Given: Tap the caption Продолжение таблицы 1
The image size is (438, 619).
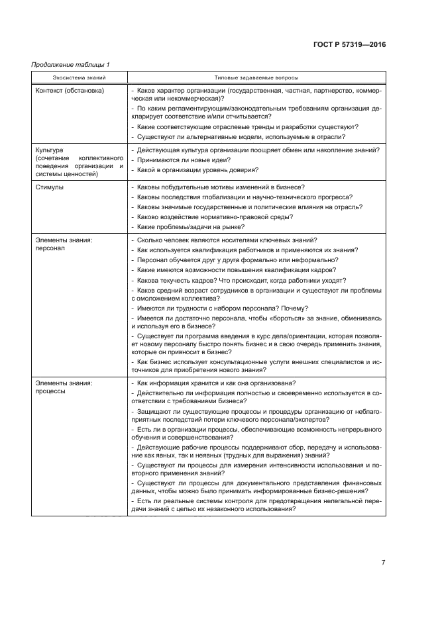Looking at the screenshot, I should (x=70, y=64).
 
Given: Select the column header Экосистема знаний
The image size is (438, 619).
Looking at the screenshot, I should (x=79, y=77).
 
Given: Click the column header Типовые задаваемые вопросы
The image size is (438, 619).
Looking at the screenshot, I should (x=256, y=77).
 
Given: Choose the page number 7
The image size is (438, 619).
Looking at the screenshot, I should (x=383, y=563).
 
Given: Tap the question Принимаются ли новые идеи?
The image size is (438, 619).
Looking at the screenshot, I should (x=182, y=160).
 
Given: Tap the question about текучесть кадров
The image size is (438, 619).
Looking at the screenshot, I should (x=235, y=280).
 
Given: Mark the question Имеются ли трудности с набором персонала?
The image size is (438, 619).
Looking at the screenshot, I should (x=219, y=309).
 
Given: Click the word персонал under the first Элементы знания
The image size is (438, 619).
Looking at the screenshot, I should (x=50, y=249).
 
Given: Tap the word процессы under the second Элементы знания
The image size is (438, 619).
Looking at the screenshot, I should (x=51, y=392).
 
